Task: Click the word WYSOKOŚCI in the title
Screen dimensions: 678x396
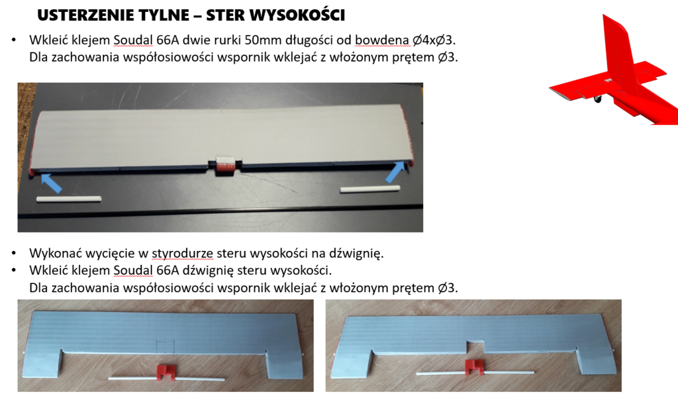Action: tap(297, 15)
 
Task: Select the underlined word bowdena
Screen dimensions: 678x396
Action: tap(382, 40)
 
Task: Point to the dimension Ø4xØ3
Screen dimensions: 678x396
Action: tap(433, 40)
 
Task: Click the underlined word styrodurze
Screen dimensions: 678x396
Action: tap(183, 254)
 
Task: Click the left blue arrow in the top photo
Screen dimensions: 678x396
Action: tap(51, 182)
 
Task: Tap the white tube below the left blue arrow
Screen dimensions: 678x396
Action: tap(69, 199)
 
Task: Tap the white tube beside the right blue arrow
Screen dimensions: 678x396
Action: tap(370, 189)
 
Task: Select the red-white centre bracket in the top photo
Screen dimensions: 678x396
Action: tap(225, 165)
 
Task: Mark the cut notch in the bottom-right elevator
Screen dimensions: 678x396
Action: tap(475, 346)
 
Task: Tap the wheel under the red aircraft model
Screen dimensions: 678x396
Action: tap(598, 99)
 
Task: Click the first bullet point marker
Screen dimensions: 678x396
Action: tap(14, 40)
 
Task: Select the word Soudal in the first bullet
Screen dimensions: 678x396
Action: tap(133, 40)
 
